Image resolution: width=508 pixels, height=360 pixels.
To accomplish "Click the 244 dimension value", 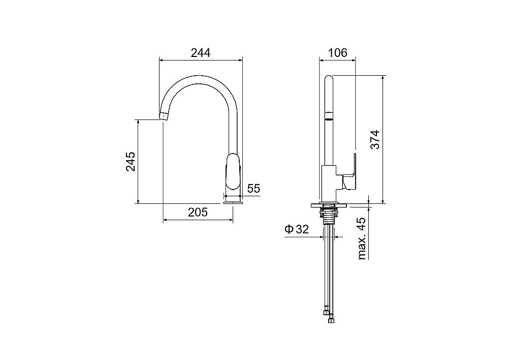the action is (x=200, y=52).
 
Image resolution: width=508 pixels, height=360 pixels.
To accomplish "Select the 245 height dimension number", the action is (x=131, y=161).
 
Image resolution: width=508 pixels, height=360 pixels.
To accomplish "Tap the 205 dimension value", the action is (x=198, y=213).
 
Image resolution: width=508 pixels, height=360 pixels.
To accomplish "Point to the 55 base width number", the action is (x=253, y=189).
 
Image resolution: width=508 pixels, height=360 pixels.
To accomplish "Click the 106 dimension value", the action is (x=337, y=52).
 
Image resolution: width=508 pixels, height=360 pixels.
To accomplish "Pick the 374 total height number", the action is (x=375, y=139).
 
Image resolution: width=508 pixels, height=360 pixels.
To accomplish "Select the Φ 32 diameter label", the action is (x=297, y=230).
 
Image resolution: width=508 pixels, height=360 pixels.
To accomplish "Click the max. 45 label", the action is (x=362, y=238).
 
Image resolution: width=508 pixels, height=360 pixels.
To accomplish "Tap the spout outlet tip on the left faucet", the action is (x=164, y=116).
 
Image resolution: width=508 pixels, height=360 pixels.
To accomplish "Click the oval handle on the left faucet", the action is (x=233, y=171).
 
